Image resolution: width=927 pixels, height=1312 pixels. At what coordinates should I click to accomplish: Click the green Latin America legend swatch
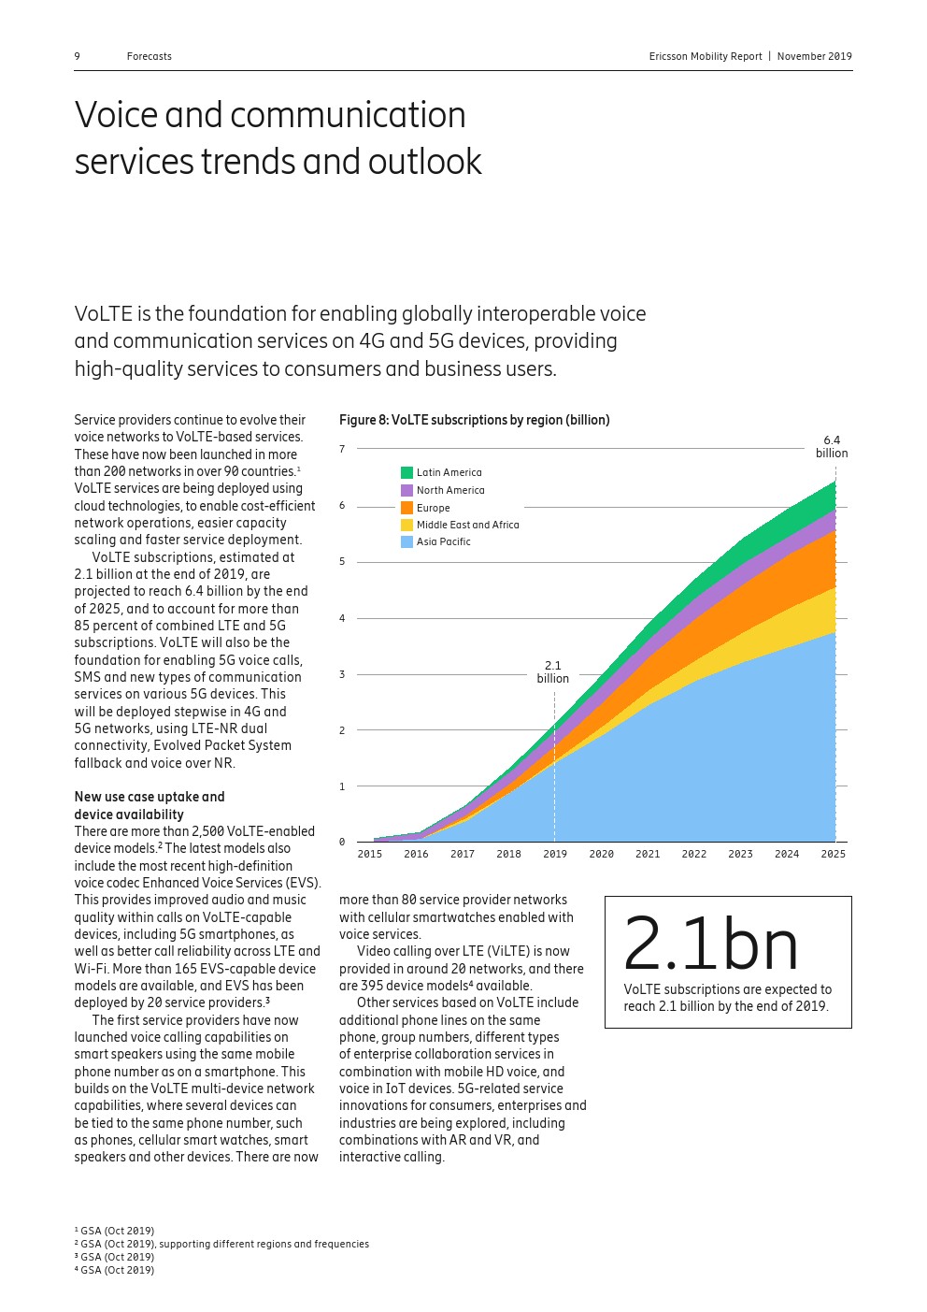pos(406,473)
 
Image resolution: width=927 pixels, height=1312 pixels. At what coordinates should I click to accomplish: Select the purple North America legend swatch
pos(406,490)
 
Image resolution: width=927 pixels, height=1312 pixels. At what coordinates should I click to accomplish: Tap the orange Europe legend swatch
pos(406,508)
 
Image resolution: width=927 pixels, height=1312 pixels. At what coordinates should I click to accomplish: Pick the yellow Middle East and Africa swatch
pos(406,525)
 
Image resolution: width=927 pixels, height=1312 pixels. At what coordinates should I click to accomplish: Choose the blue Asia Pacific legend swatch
pos(406,541)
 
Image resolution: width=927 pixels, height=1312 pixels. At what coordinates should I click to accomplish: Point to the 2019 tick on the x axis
pos(555,854)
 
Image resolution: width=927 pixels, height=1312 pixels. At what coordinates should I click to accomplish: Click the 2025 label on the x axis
pos(833,854)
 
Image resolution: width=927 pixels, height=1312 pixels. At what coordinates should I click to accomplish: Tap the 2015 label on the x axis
pos(369,854)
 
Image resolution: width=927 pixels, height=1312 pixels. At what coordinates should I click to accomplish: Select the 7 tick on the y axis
pos(342,450)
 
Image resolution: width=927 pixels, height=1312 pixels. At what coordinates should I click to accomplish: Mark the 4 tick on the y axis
pos(342,618)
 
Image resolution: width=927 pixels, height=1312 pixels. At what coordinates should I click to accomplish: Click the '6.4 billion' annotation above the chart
pos(832,447)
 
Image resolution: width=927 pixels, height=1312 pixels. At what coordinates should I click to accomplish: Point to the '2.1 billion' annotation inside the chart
pos(553,672)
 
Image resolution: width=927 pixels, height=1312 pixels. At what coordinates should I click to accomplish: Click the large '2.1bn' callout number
pos(710,944)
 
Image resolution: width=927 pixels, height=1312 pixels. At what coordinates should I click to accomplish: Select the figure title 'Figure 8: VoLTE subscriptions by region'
pos(474,420)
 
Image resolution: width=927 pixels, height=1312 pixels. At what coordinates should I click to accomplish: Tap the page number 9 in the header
pos(78,56)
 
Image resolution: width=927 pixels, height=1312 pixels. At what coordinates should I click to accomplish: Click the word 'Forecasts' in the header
pos(150,56)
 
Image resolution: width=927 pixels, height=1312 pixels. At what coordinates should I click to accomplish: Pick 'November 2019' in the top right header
pos(814,56)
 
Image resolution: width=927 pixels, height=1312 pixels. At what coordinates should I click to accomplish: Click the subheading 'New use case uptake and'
pos(150,797)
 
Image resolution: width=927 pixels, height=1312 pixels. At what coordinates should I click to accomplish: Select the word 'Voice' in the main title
pos(116,115)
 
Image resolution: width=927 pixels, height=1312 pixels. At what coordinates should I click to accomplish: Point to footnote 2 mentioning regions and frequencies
pos(224,1244)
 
